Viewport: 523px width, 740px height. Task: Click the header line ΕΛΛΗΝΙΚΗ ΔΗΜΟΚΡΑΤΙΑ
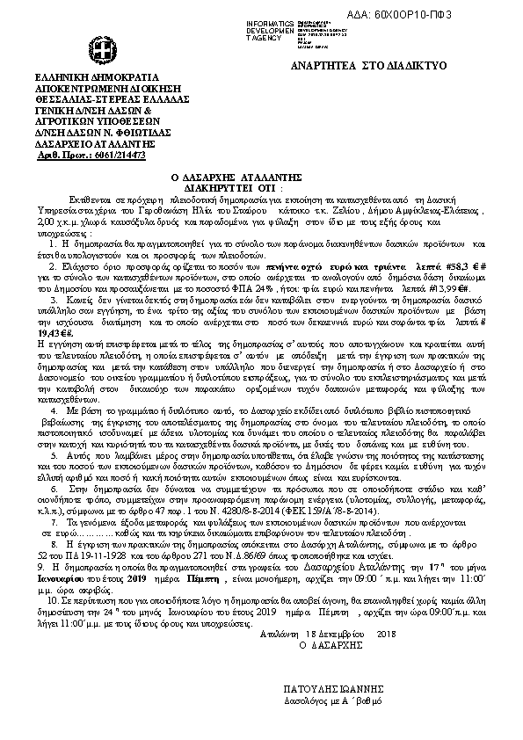(85, 79)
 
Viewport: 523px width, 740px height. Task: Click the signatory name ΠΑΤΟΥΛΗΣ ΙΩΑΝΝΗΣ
(333, 690)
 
